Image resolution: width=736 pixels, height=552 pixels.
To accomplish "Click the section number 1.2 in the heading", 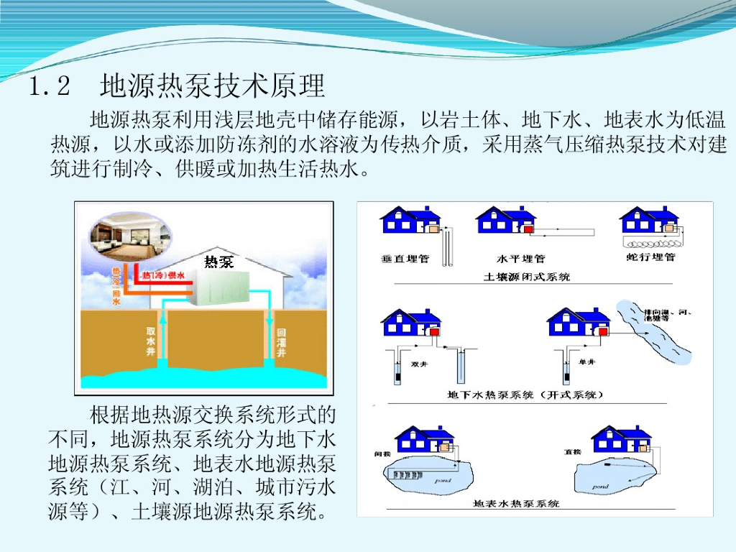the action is (x=50, y=87).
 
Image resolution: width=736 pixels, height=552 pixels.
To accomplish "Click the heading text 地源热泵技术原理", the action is (x=213, y=86).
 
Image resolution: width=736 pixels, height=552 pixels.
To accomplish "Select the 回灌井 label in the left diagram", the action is (x=282, y=344).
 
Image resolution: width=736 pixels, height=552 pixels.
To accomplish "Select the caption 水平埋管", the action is (x=520, y=258).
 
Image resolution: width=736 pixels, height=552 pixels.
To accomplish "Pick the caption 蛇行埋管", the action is (x=651, y=257).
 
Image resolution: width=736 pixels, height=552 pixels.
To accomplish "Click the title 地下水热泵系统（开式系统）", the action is (x=525, y=395).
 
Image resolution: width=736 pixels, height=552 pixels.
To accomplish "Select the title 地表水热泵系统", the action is (x=516, y=504).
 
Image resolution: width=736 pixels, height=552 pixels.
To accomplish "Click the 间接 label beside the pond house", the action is (x=382, y=454).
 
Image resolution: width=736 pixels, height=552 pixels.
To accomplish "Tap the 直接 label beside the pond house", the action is (x=572, y=452).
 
